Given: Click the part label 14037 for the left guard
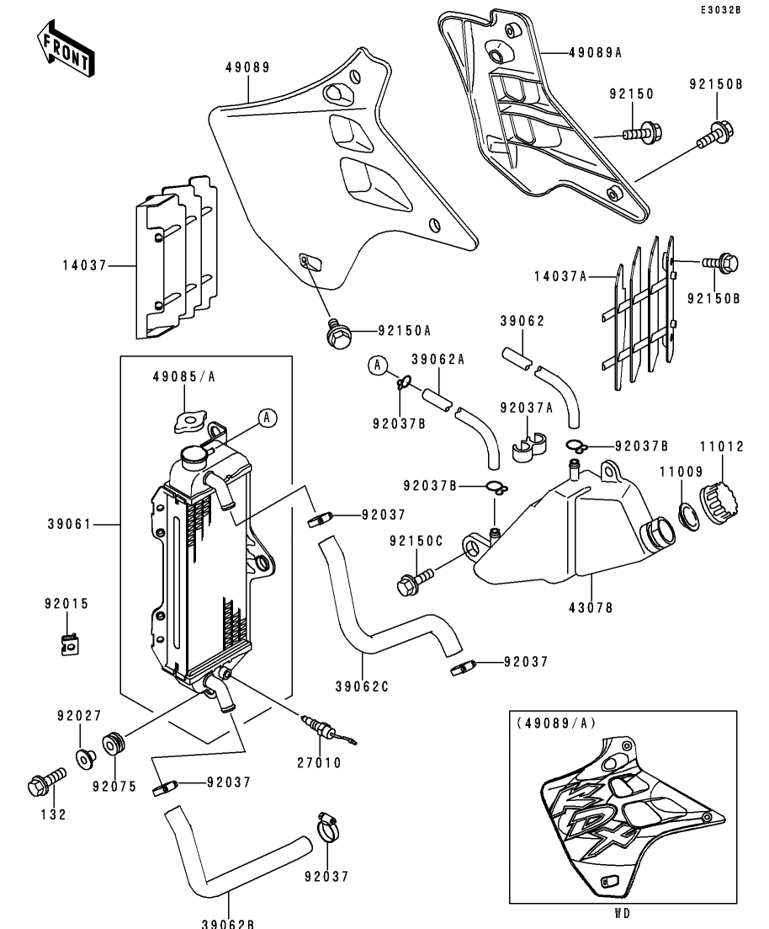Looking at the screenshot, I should (84, 265).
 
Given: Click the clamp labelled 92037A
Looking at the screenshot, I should (527, 448).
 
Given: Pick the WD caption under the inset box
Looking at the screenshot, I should (622, 912).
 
